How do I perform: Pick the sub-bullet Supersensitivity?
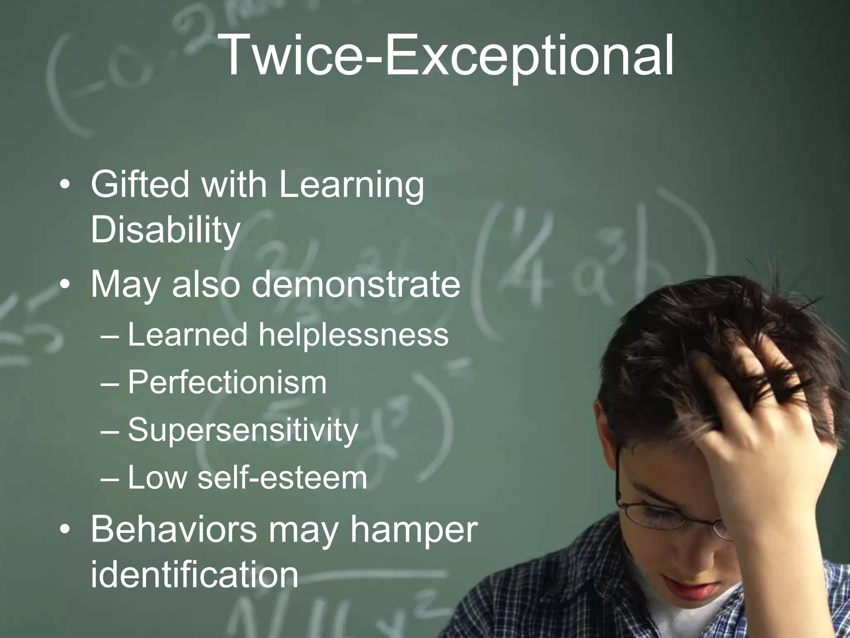coord(243,430)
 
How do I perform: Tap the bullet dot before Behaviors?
coord(65,530)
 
